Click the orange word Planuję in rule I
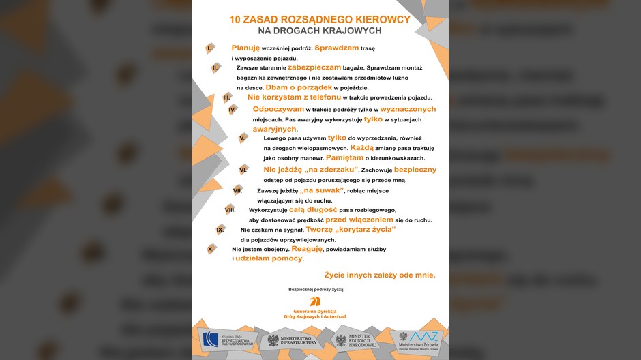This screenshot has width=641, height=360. click(245, 48)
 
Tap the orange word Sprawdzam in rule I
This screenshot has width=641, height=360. click(336, 48)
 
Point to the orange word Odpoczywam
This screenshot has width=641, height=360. click(278, 109)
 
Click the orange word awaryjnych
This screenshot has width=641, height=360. click(275, 129)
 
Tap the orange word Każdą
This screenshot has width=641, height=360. click(362, 147)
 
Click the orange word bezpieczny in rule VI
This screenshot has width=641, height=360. click(406, 169)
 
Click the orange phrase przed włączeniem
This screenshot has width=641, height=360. click(359, 220)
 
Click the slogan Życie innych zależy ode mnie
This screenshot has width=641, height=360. click(379, 275)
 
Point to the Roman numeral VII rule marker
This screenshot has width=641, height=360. click(238, 190)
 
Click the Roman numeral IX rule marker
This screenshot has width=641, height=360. click(220, 230)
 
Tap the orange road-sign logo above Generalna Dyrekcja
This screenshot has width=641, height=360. click(315, 301)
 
